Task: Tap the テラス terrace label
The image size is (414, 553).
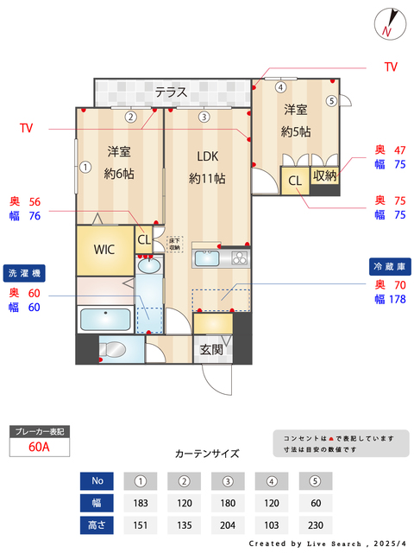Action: pos(172,92)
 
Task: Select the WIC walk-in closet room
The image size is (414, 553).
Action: pos(105,250)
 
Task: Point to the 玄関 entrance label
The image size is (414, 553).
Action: pos(211,350)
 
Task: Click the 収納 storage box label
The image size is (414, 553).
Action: pos(324,176)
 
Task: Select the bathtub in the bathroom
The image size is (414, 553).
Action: pos(104,319)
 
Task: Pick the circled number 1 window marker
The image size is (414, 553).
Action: pos(85,167)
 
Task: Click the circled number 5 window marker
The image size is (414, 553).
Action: pos(331,100)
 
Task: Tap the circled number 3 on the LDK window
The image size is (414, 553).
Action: pos(204,117)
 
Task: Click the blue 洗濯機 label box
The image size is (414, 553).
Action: pos(23,273)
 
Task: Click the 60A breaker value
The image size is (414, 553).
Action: pos(38,447)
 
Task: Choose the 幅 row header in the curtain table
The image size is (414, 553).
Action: pos(97,503)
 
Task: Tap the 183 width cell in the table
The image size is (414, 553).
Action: pos(140,503)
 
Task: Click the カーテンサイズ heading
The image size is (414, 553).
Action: pos(207,453)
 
